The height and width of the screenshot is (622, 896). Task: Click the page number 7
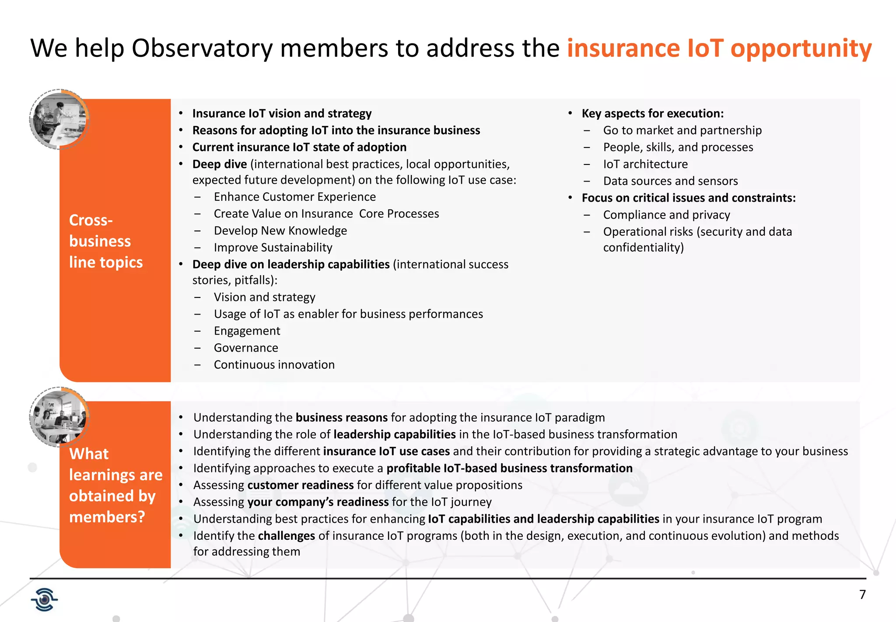point(862,594)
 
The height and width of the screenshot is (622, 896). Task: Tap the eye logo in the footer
point(44,599)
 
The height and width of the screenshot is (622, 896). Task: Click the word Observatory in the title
point(202,48)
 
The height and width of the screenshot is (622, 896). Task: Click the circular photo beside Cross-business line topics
point(59,119)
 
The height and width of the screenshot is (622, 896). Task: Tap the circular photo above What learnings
point(59,416)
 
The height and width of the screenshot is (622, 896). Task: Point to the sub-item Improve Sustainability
point(273,248)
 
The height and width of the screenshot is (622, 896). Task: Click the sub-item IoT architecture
point(645,164)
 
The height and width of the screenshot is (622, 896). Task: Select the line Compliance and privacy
point(666,215)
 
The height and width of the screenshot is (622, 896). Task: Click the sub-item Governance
point(245,348)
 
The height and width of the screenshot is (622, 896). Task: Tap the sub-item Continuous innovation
point(274,365)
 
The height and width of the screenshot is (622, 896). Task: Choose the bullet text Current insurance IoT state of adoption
point(299,147)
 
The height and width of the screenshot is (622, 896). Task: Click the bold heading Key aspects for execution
point(652,113)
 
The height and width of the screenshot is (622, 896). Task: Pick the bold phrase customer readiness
point(300,485)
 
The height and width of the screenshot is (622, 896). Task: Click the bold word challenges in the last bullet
point(286,536)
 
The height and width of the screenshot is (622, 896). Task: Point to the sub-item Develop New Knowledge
point(280,231)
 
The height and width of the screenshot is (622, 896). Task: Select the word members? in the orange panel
point(107,517)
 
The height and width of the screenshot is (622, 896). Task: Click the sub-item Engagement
point(247,331)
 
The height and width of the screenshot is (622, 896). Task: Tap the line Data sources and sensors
point(670,181)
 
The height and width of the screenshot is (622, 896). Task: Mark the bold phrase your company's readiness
point(318,502)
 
